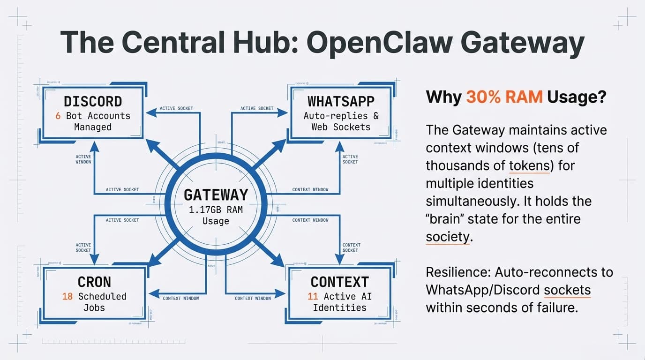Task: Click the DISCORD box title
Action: [93, 101]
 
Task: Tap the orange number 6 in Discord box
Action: [58, 116]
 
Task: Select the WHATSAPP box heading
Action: [341, 101]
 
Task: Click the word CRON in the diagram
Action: [94, 282]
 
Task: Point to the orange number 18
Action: [67, 296]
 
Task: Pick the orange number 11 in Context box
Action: [313, 296]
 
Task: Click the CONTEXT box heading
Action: [339, 282]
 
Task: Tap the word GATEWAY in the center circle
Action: [216, 195]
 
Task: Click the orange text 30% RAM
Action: [504, 97]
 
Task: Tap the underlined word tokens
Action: [528, 165]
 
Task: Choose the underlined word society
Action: [447, 237]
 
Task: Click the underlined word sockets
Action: [567, 290]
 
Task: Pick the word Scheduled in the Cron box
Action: [102, 296]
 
